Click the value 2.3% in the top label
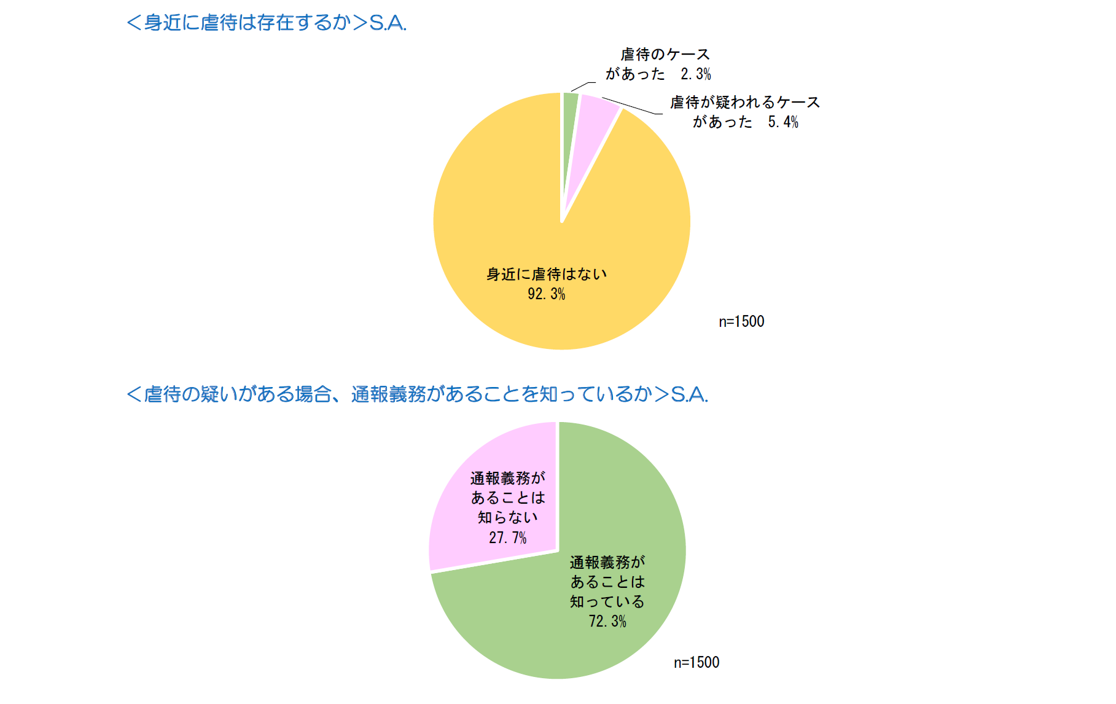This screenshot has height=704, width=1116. [695, 74]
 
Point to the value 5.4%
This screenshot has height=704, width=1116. [782, 122]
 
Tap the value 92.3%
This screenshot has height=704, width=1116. [546, 294]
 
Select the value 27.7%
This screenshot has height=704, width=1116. [507, 538]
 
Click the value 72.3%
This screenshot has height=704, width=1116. [607, 622]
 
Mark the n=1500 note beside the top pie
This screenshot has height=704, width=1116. [741, 322]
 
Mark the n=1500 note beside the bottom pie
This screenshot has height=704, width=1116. [697, 663]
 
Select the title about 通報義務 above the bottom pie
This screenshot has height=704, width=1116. [417, 394]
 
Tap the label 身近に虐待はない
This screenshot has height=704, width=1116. [546, 275]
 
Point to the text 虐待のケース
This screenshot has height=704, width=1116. [665, 55]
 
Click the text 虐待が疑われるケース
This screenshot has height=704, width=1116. [744, 103]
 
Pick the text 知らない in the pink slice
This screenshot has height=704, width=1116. [507, 518]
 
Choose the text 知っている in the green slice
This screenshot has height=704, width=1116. [607, 602]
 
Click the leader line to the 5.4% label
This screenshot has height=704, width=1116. [633, 106]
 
